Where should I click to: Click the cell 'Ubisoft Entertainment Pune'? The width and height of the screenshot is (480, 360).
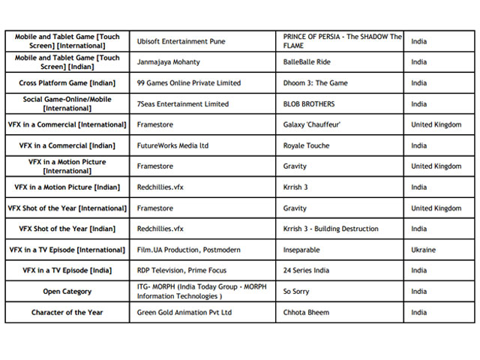pyautogui.click(x=181, y=41)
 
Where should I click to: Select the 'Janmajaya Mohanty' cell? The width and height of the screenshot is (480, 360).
pyautogui.click(x=169, y=62)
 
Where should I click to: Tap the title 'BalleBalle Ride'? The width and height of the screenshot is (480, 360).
pyautogui.click(x=307, y=62)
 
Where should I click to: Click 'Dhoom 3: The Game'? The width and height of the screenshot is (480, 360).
pyautogui.click(x=316, y=83)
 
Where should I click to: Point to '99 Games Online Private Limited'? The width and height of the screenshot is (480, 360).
pyautogui.click(x=189, y=83)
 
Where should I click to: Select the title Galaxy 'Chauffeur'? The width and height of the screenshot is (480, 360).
pyautogui.click(x=317, y=124)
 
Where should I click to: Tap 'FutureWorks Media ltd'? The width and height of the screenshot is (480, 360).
pyautogui.click(x=172, y=145)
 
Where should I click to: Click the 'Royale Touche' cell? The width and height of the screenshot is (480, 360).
pyautogui.click(x=306, y=145)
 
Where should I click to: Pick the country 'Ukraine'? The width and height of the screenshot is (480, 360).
pyautogui.click(x=423, y=250)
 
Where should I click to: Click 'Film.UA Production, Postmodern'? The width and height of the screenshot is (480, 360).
pyautogui.click(x=189, y=250)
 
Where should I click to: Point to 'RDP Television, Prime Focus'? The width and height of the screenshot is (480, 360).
pyautogui.click(x=182, y=271)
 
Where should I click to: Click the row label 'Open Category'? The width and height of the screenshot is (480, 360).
pyautogui.click(x=67, y=292)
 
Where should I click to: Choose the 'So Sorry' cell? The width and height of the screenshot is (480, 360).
pyautogui.click(x=297, y=292)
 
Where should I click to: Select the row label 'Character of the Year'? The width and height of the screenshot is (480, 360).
pyautogui.click(x=67, y=313)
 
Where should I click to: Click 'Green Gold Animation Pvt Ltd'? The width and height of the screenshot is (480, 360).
pyautogui.click(x=184, y=313)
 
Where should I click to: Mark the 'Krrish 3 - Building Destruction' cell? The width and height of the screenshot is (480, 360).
pyautogui.click(x=331, y=229)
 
